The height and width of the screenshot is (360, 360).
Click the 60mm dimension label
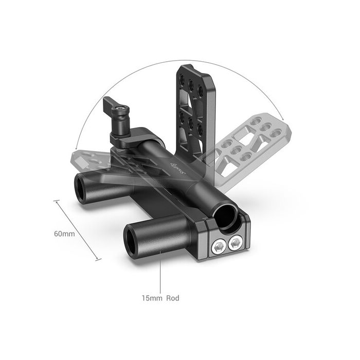64,233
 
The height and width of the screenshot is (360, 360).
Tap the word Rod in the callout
172,298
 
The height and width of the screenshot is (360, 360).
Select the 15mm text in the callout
152,298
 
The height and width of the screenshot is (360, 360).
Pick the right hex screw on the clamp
237,242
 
